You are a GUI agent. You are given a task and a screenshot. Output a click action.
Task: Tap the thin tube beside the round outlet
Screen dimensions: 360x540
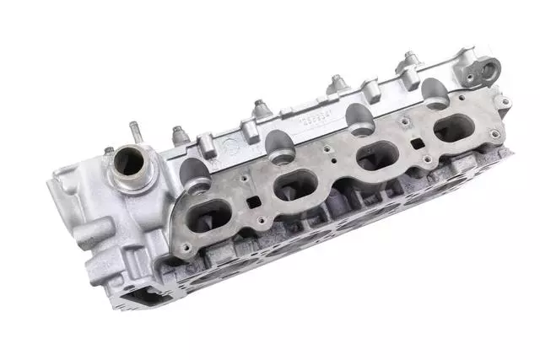(x=133, y=132)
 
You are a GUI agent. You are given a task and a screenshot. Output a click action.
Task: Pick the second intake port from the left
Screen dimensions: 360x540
(x=295, y=184)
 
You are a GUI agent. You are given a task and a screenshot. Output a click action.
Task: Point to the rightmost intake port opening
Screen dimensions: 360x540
(x=456, y=127)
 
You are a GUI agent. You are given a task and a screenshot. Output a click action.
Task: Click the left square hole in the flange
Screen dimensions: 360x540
(x=252, y=202)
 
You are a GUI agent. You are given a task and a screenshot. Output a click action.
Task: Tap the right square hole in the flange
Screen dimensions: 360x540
(x=417, y=143)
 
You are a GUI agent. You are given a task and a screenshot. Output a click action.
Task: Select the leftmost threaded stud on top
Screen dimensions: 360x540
(x=179, y=134)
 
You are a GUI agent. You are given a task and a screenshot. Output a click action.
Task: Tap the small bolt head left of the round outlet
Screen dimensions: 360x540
(x=109, y=152)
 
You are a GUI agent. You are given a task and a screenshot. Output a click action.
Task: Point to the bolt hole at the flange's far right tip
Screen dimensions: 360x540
(x=505, y=104)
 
